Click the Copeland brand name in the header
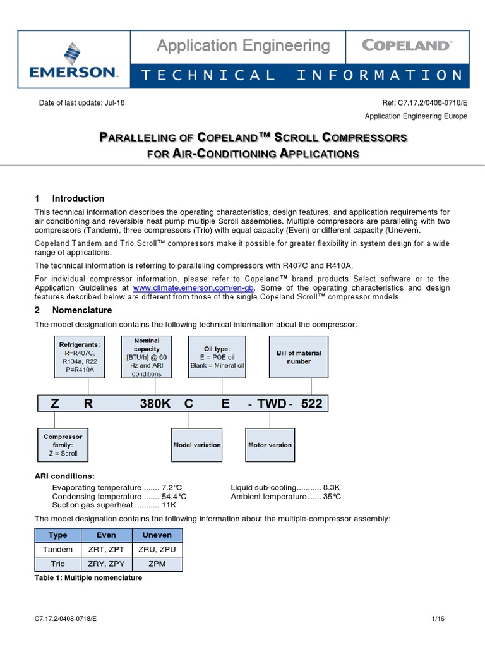[406, 45]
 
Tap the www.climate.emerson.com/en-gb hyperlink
[201, 287]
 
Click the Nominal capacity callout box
[147, 357]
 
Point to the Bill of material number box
[299, 357]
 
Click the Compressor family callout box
[63, 445]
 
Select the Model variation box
[197, 445]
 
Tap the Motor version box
[270, 445]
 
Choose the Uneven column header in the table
[157, 535]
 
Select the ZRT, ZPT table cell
[106, 550]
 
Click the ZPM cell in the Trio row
[157, 564]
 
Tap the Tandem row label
[57, 550]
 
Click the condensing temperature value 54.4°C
[174, 497]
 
